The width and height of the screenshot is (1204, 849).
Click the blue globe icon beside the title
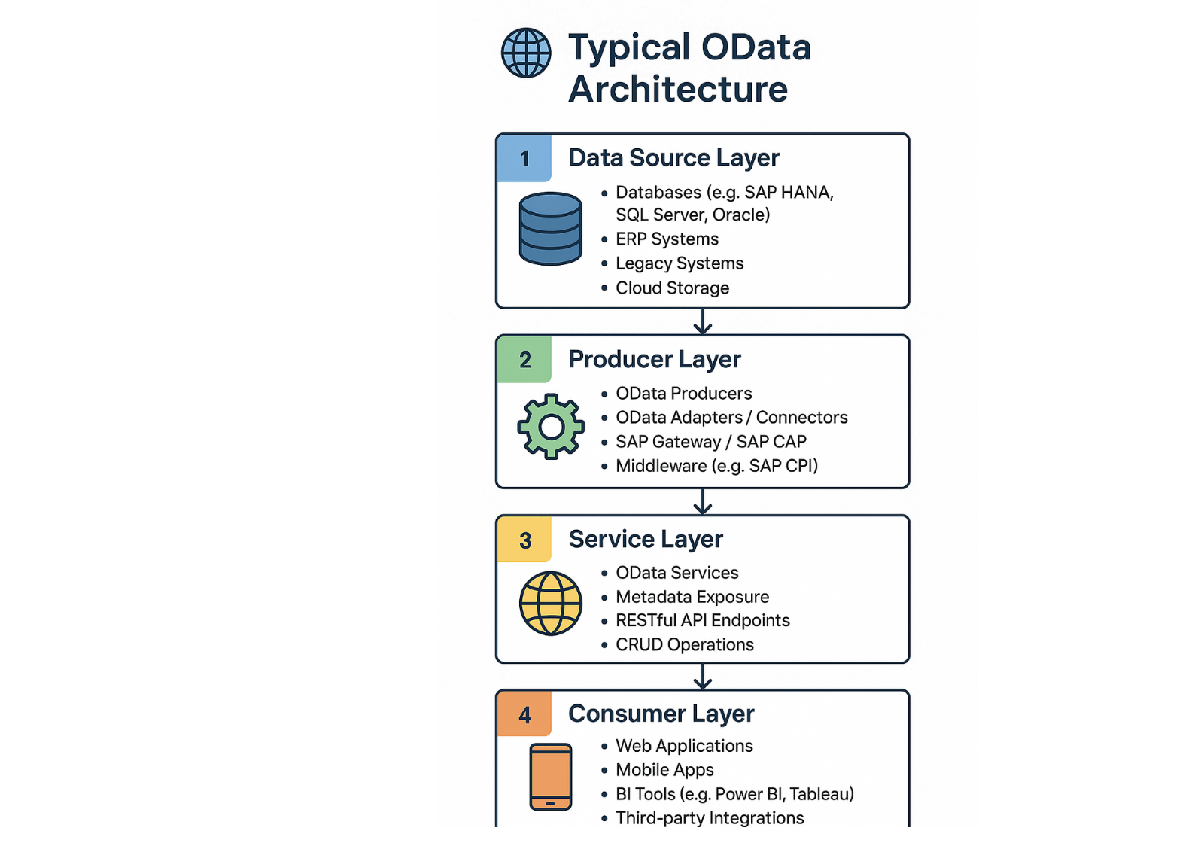(x=526, y=53)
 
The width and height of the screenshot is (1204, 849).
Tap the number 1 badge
(x=524, y=158)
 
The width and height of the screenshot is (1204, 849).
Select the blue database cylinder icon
(x=551, y=228)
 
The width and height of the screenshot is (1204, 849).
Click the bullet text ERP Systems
(x=667, y=239)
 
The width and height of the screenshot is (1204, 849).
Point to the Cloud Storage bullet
(x=672, y=288)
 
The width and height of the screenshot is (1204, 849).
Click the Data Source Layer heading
(x=673, y=158)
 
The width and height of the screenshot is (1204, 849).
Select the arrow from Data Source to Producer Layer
(x=702, y=322)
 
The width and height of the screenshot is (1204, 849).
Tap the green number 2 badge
(x=524, y=360)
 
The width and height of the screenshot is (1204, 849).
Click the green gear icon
(x=551, y=427)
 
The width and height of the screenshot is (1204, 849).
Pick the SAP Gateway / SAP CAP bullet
(x=710, y=442)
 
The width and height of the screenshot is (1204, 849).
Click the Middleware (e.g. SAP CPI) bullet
(x=716, y=466)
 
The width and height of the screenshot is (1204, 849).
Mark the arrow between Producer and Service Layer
(x=702, y=502)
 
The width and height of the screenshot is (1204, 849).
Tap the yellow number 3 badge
(x=524, y=540)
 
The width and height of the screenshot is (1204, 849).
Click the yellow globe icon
(x=551, y=604)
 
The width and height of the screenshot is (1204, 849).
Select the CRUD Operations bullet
(x=684, y=645)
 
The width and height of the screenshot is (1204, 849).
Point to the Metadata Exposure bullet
(x=692, y=597)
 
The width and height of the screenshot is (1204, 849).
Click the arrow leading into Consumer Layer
(x=702, y=677)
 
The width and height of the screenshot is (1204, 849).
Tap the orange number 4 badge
(x=524, y=714)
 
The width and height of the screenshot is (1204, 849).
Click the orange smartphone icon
(x=551, y=777)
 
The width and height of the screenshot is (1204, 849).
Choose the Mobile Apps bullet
(x=664, y=770)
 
